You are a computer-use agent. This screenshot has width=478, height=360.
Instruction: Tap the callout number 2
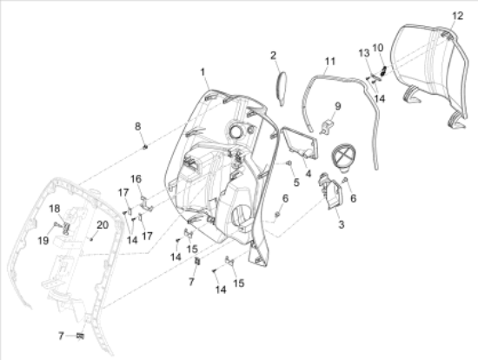point(273,55)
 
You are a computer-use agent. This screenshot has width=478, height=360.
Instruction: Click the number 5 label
point(296,183)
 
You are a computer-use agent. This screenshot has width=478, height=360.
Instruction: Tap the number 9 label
point(338,107)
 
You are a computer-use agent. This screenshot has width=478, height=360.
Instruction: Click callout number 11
point(329,61)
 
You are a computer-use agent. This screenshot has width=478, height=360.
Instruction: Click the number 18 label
point(53,208)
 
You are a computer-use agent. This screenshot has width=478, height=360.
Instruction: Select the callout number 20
point(103,224)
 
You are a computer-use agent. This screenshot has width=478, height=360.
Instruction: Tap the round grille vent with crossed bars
point(345,158)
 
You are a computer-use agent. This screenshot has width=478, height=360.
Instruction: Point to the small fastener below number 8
point(144,145)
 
